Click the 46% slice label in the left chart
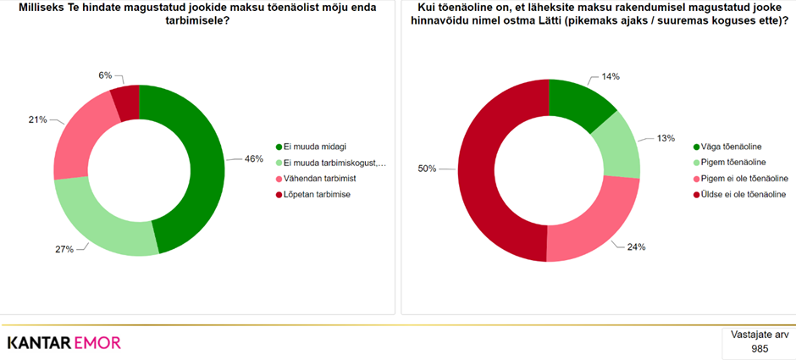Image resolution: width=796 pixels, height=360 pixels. (252, 158)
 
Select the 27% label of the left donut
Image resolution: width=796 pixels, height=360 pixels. (64, 249)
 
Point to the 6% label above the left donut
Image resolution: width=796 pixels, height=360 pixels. (105, 75)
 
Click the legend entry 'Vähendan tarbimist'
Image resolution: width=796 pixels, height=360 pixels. (318, 178)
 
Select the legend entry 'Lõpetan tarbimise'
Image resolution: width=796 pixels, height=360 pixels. (317, 194)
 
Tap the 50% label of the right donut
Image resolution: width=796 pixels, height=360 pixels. (427, 169)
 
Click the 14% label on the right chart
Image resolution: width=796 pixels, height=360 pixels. (611, 76)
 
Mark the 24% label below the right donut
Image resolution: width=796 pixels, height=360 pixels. (637, 247)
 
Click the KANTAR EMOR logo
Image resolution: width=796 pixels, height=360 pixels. (64, 342)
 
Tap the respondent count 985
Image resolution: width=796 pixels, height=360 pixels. (760, 348)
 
